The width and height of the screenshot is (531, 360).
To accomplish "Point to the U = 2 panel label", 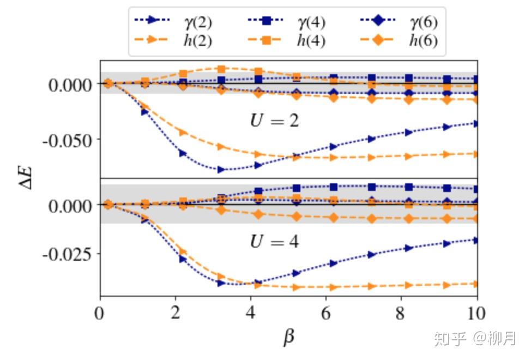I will [274, 120].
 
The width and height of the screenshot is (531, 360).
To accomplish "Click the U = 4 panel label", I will [274, 241].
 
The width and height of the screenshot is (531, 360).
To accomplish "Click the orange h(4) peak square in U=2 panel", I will [221, 69].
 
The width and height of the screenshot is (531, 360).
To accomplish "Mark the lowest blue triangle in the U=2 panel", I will [221, 170].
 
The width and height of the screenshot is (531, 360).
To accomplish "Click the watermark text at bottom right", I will [474, 338].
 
